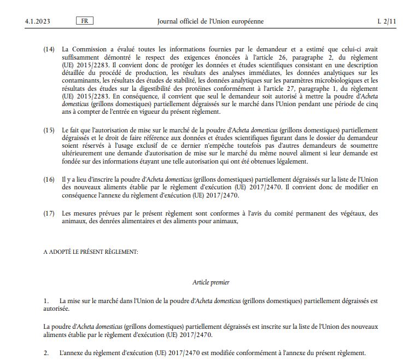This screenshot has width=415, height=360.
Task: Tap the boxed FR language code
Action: click(84, 21)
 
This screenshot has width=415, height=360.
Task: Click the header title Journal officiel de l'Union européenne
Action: click(210, 21)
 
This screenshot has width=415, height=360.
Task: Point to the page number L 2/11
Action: click(385, 21)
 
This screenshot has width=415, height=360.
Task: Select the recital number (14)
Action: click(49, 49)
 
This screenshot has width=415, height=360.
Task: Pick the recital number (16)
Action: click(49, 179)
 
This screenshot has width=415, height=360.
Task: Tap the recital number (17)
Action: click(49, 213)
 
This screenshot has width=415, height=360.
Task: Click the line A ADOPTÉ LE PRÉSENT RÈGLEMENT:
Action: click(91, 252)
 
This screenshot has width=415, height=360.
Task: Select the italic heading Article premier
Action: click(211, 282)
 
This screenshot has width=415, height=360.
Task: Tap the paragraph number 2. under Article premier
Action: click(46, 353)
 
